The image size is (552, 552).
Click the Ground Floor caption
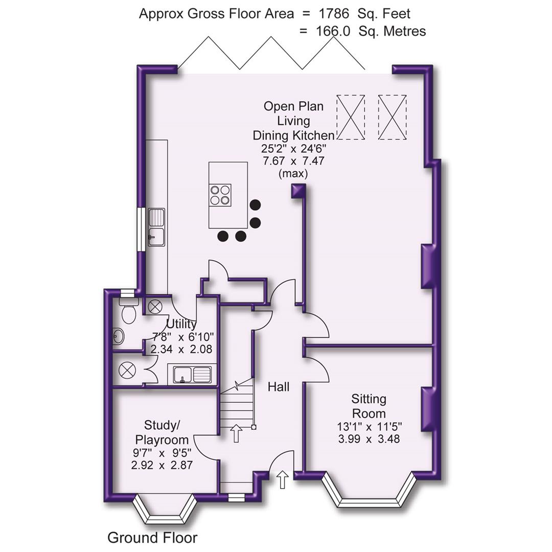(152, 538)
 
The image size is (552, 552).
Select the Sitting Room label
(369, 406)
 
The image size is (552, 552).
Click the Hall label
(279, 387)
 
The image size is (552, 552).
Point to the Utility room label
(181, 324)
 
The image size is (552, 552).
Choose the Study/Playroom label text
(162, 432)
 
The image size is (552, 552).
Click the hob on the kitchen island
(220, 195)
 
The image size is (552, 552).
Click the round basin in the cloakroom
(118, 336)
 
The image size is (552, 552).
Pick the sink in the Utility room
(192, 375)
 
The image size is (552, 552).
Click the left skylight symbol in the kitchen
(351, 117)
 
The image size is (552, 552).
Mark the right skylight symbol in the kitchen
(393, 117)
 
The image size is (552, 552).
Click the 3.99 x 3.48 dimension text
(368, 439)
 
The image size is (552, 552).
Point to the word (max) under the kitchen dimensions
(293, 174)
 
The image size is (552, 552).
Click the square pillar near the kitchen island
(298, 191)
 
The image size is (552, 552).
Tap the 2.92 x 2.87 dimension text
(162, 465)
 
